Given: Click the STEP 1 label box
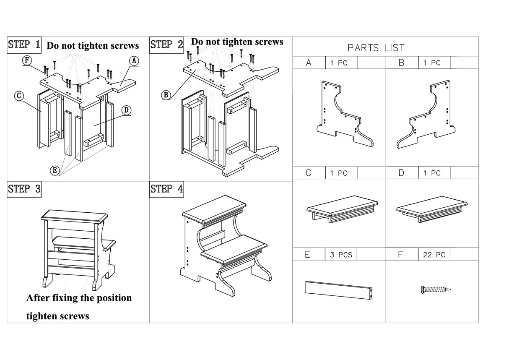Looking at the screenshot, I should [25, 44].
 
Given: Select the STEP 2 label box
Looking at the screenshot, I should [167, 44].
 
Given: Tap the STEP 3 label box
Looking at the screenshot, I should [25, 189].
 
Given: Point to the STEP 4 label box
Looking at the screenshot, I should [167, 189].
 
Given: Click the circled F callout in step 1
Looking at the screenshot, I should [26, 60].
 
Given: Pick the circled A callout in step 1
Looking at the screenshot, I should [134, 60].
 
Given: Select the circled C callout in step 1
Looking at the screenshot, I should [18, 96].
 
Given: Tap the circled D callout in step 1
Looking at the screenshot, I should [126, 110].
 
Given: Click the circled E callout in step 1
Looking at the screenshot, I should [54, 170].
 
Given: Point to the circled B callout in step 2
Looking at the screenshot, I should [166, 95].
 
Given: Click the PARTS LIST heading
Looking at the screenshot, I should [376, 48].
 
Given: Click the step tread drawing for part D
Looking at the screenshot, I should [432, 210].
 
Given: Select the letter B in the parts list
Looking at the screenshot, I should [401, 63].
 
